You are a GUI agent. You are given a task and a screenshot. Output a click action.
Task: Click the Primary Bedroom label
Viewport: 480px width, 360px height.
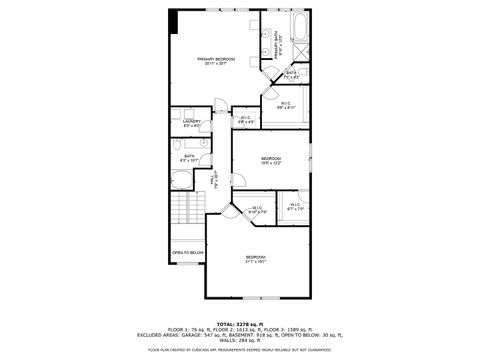click(x=215, y=61)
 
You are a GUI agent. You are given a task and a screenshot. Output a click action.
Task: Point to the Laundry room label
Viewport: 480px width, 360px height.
click(x=192, y=123)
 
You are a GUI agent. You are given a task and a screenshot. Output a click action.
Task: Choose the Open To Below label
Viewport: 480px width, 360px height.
click(x=187, y=253)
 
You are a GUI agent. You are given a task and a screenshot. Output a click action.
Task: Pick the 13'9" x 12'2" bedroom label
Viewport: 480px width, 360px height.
click(x=271, y=160)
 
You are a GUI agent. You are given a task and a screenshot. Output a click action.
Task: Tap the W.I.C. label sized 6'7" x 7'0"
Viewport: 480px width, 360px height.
click(x=296, y=207)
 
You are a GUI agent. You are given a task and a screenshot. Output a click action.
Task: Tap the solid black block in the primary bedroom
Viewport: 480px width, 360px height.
click(x=173, y=20)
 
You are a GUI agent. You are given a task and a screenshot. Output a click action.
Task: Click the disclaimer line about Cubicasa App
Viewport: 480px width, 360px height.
click(x=240, y=350)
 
